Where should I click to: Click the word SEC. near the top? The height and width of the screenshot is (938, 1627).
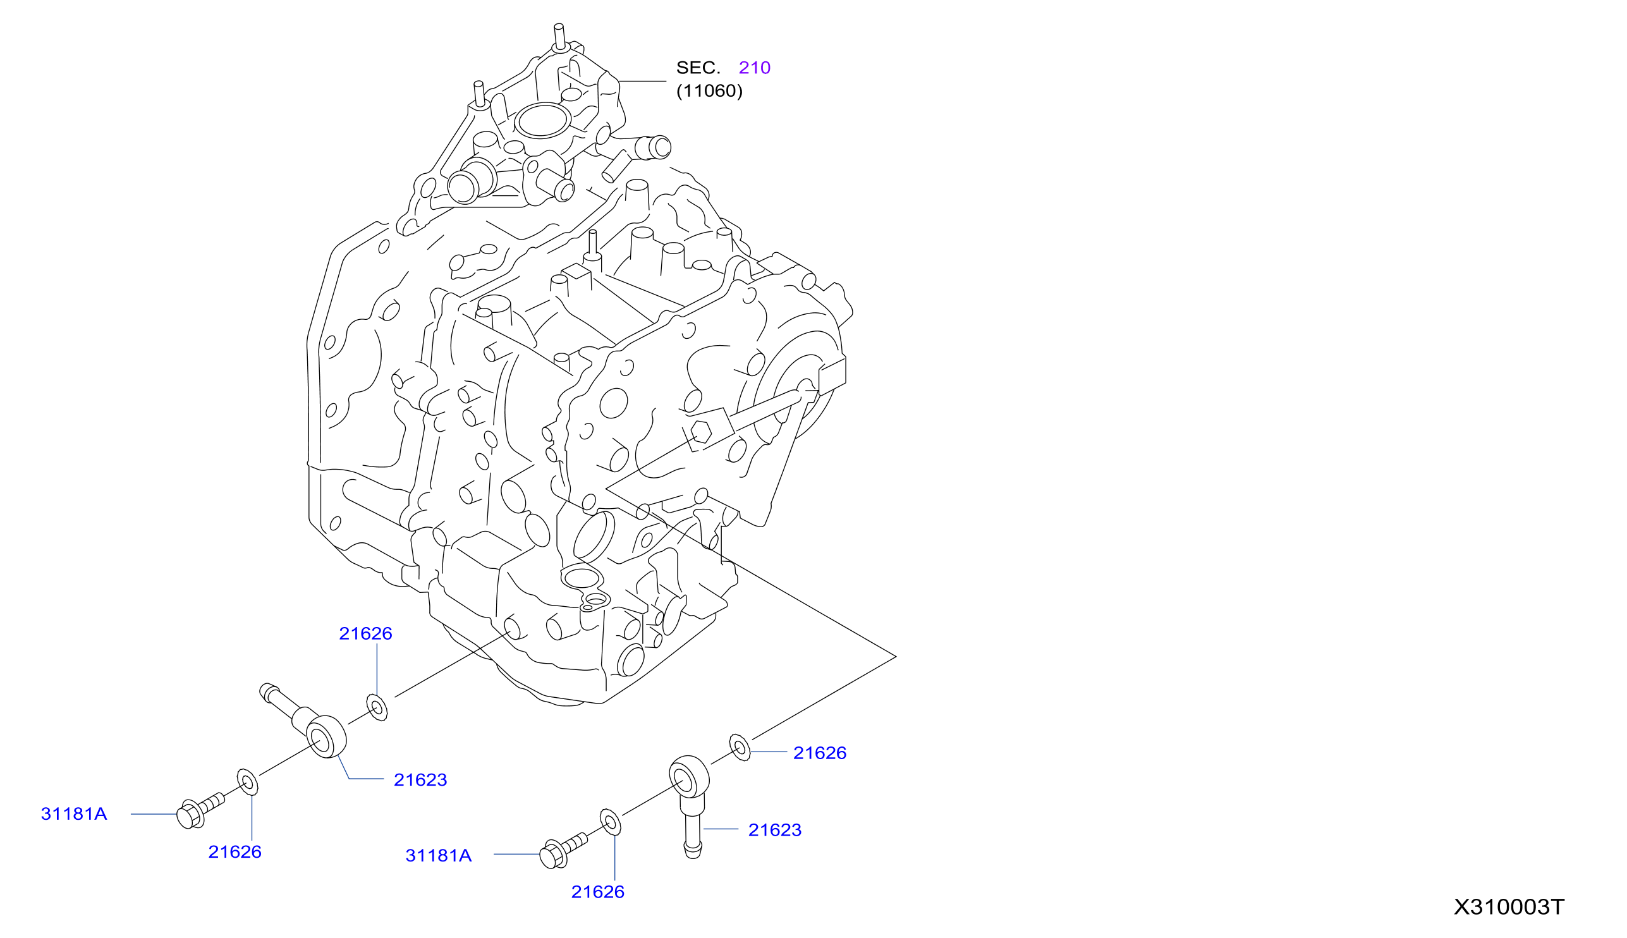pyautogui.click(x=698, y=68)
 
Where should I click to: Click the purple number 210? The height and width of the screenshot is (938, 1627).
pyautogui.click(x=754, y=68)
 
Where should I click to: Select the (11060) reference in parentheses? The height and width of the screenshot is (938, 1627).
pyautogui.click(x=709, y=91)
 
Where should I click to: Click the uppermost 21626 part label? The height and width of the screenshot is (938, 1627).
pyautogui.click(x=365, y=634)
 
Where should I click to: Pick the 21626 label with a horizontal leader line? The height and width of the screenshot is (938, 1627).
pyautogui.click(x=819, y=753)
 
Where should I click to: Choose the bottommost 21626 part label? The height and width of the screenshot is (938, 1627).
pyautogui.click(x=597, y=892)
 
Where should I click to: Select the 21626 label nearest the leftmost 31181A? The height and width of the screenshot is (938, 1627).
pyautogui.click(x=235, y=852)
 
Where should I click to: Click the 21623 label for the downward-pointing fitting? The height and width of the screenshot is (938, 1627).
pyautogui.click(x=774, y=831)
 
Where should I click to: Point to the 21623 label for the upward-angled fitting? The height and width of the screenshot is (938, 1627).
pyautogui.click(x=420, y=780)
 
